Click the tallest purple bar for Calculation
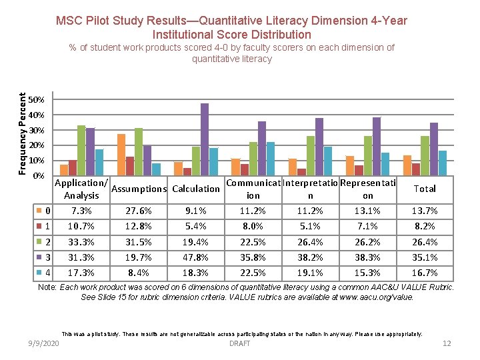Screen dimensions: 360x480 pos(205,139)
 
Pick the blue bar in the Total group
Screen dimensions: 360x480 pos(442,163)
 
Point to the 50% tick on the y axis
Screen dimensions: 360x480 pos(39,100)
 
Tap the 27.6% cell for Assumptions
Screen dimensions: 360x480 pos(139,211)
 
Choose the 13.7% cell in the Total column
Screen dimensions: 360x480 pos(425,211)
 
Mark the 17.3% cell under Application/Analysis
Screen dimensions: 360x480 pos(81,273)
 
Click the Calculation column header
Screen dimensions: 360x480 pos(196,189)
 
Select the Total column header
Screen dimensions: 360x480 pos(425,189)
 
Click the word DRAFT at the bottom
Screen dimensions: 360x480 pos(239,343)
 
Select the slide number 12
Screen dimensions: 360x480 pos(447,343)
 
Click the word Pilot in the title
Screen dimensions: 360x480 pos(102,21)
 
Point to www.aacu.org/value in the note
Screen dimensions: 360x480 pos(376,297)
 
